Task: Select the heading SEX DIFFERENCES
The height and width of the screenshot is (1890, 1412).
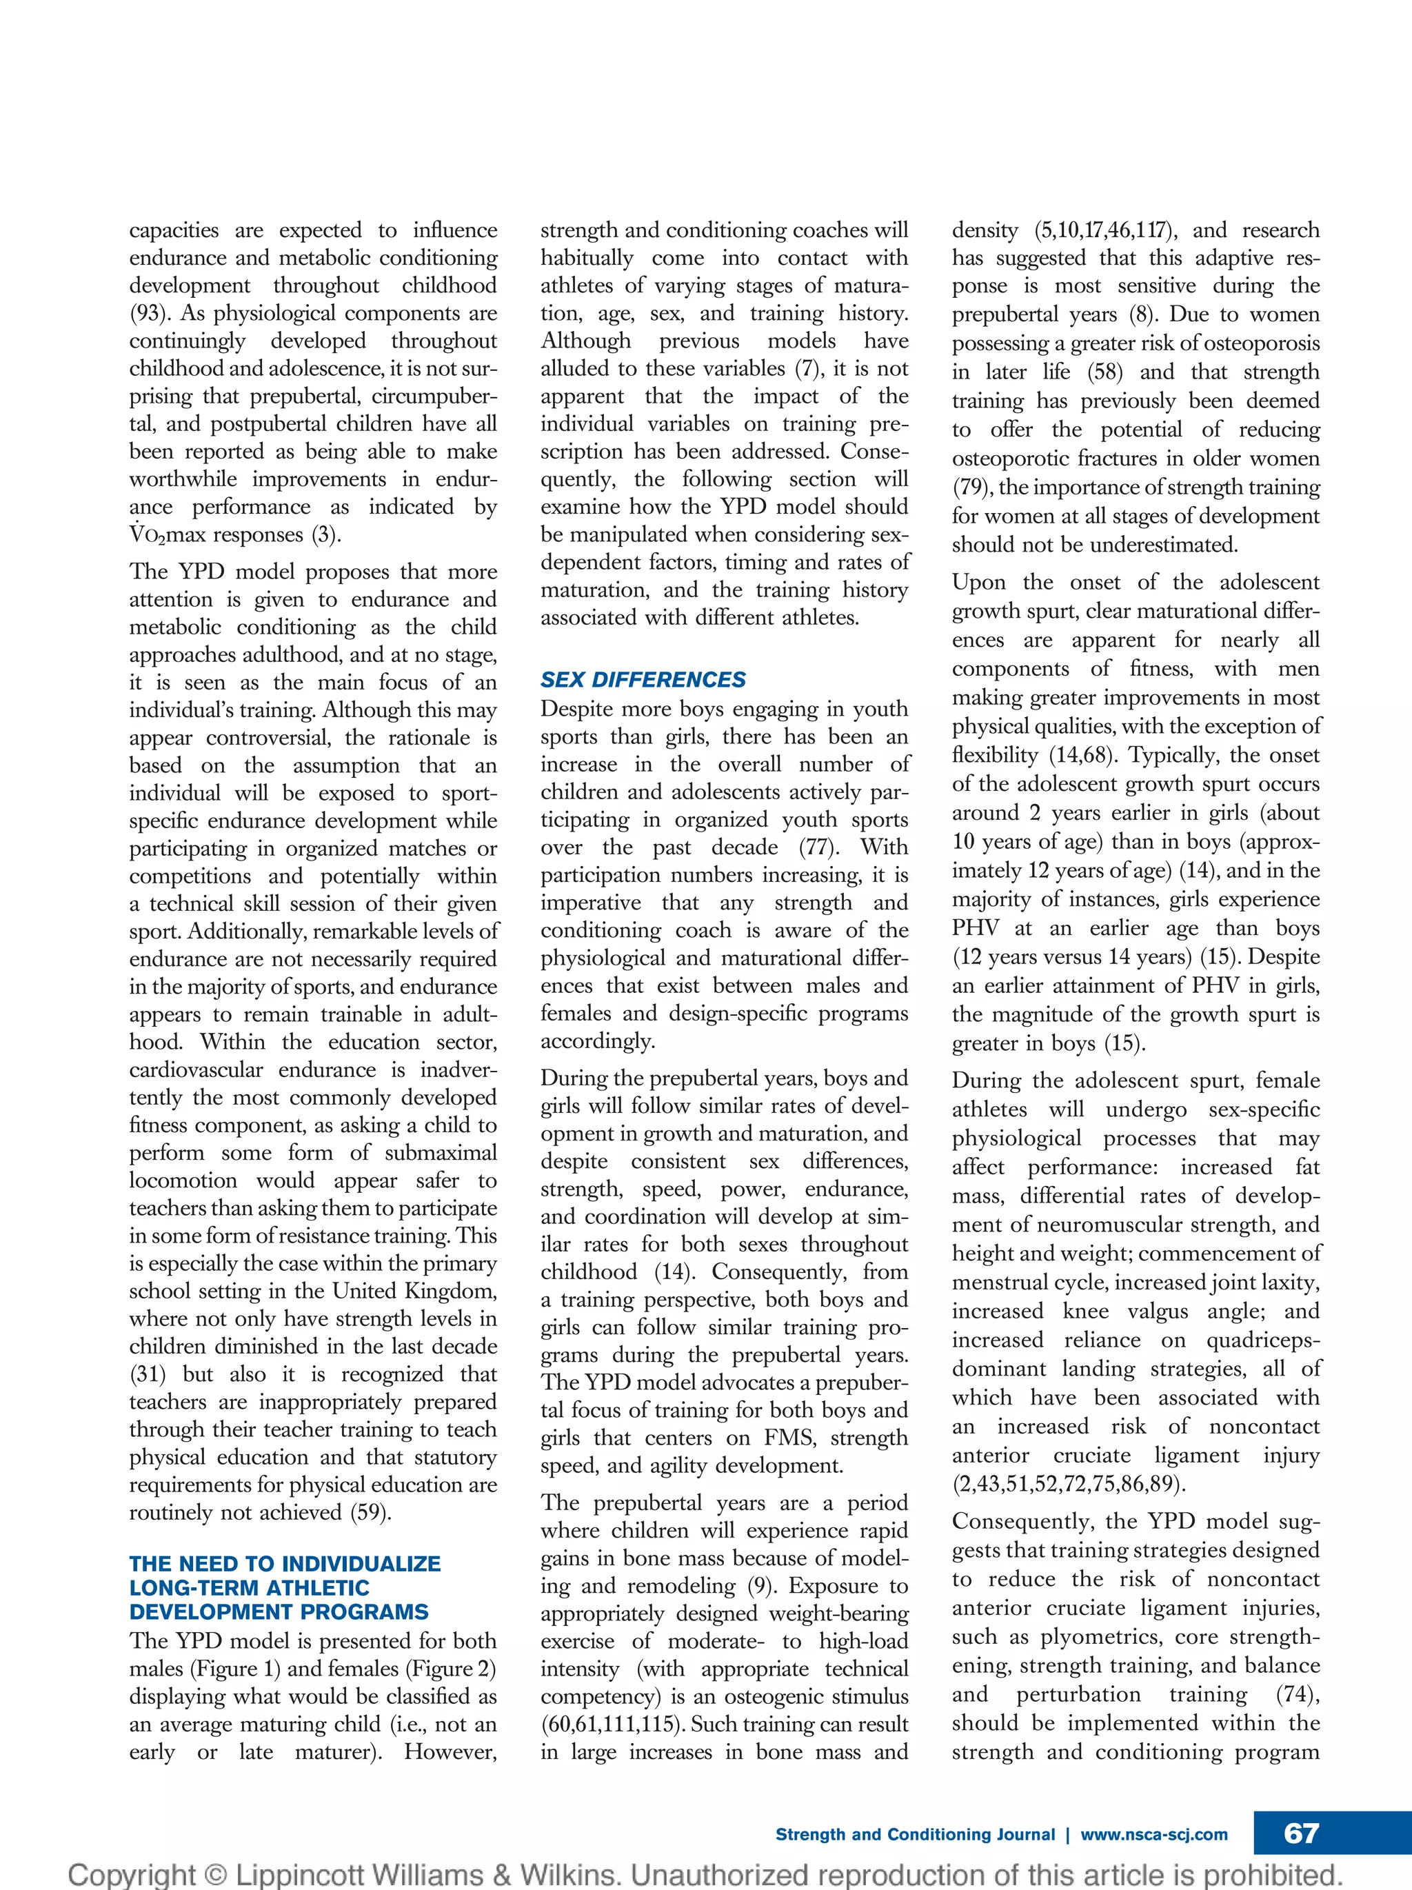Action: coord(643,679)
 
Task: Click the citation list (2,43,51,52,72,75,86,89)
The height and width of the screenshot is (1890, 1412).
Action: coord(1069,1483)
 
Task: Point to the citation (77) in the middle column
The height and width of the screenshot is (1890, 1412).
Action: coord(818,847)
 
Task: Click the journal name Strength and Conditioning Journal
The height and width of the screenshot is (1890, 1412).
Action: coord(915,1834)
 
